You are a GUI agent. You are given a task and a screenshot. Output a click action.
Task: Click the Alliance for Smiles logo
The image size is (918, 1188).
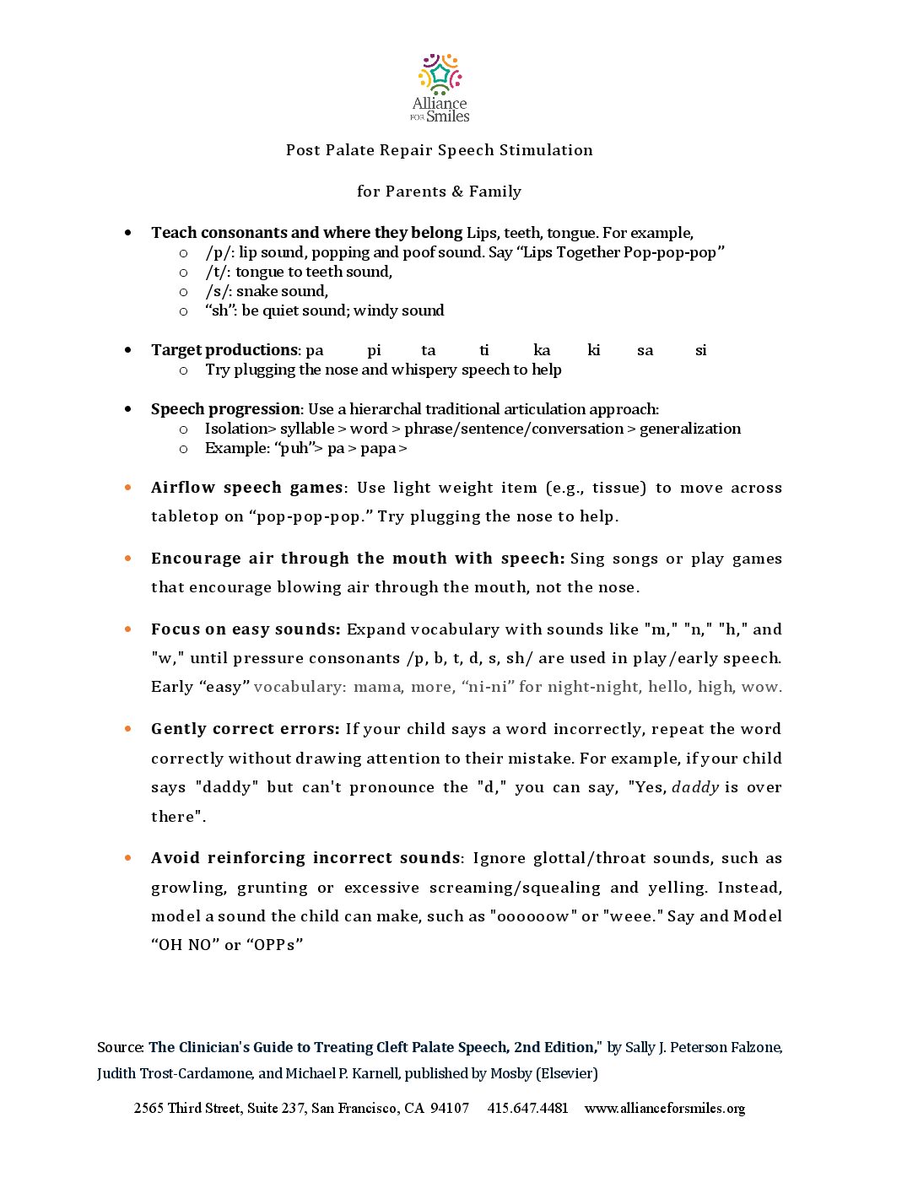tap(440, 89)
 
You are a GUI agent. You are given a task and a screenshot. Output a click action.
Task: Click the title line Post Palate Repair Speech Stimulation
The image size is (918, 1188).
tap(439, 150)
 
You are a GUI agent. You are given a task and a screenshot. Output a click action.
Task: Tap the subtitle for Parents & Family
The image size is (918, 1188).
tap(439, 192)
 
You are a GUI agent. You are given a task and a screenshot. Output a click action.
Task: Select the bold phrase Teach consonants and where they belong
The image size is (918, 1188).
tap(306, 233)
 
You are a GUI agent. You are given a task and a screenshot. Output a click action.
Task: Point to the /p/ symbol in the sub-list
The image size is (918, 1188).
tap(219, 252)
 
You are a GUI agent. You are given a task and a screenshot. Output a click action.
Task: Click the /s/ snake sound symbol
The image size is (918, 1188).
tap(219, 291)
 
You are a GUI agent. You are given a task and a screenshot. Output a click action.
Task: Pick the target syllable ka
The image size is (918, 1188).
tap(542, 350)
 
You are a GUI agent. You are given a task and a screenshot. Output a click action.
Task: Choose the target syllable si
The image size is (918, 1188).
tap(700, 350)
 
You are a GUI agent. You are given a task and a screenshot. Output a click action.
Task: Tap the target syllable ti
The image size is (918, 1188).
tap(483, 350)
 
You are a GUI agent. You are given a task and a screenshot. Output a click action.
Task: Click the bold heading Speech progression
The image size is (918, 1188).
tap(225, 409)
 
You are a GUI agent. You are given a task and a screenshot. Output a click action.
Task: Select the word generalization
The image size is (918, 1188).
tap(690, 429)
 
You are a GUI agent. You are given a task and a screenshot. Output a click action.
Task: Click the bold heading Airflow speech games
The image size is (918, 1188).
tap(247, 488)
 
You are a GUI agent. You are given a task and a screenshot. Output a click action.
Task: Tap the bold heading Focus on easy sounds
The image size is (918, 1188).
tap(246, 629)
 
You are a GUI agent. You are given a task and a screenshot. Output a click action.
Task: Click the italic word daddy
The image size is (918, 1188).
tap(695, 787)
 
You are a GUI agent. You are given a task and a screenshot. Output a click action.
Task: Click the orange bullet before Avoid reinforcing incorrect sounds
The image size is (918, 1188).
tap(128, 858)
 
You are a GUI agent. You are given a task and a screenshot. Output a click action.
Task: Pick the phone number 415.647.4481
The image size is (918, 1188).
tap(527, 1108)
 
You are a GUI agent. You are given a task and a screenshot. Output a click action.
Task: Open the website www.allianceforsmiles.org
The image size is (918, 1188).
tap(664, 1108)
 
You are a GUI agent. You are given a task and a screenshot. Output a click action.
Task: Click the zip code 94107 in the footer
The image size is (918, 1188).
tap(450, 1108)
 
